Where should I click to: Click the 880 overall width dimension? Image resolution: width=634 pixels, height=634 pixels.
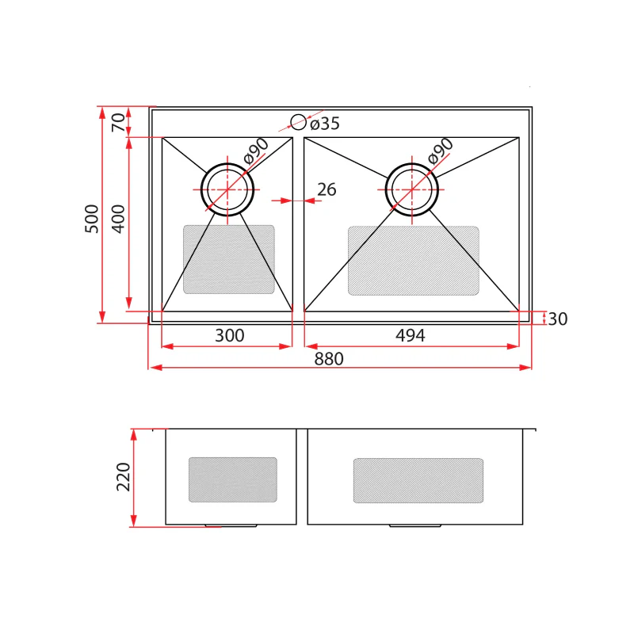point(329,359)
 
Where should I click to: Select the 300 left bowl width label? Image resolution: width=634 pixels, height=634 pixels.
point(229,335)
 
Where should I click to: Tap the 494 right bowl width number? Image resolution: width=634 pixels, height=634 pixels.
point(410,335)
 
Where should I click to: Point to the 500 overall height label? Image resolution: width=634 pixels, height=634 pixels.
point(92,219)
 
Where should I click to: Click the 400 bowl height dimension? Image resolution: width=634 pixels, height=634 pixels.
point(118,219)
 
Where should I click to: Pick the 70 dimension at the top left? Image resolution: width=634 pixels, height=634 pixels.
point(118,122)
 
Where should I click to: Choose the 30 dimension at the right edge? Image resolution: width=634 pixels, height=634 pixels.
point(558,319)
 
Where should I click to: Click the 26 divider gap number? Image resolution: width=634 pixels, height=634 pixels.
point(327,189)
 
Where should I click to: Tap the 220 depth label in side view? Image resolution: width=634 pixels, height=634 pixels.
point(124,477)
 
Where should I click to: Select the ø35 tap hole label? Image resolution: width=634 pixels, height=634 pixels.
point(325,124)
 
